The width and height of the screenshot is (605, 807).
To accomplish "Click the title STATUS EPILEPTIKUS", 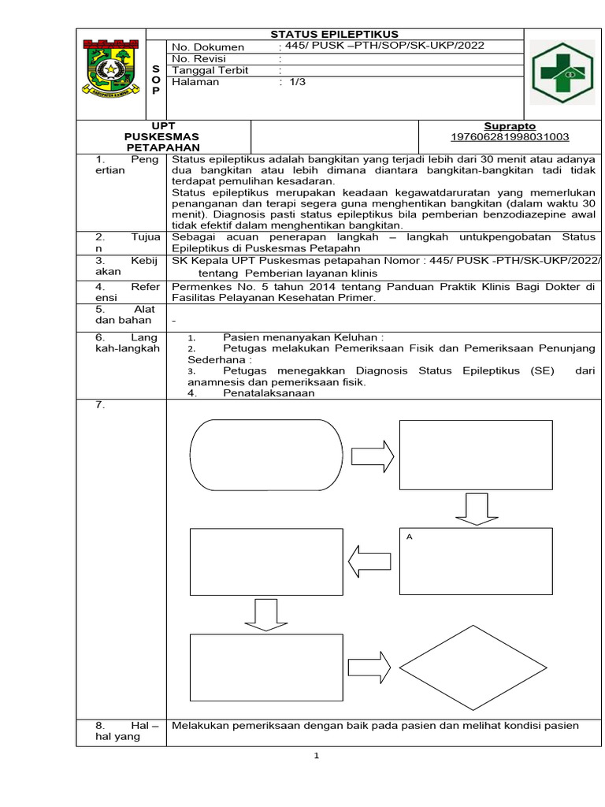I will pyautogui.click(x=335, y=34).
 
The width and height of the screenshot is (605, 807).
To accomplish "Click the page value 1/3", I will pyautogui.click(x=297, y=82).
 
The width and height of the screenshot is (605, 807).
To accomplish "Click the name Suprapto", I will pyautogui.click(x=510, y=126).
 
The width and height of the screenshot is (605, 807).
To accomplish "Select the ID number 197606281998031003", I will pyautogui.click(x=510, y=137).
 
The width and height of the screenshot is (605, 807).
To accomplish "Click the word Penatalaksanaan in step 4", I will pyautogui.click(x=269, y=393).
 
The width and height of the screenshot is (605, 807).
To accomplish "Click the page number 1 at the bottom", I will pyautogui.click(x=316, y=756).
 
